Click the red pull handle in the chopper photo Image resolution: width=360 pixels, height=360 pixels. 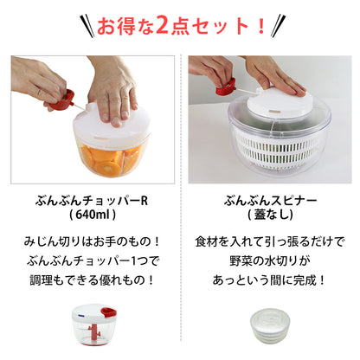58,103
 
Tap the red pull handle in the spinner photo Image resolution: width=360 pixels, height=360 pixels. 225,87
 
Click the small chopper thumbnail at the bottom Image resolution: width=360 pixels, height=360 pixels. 90,333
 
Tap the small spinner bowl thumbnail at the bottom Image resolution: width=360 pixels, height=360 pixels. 270,334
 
